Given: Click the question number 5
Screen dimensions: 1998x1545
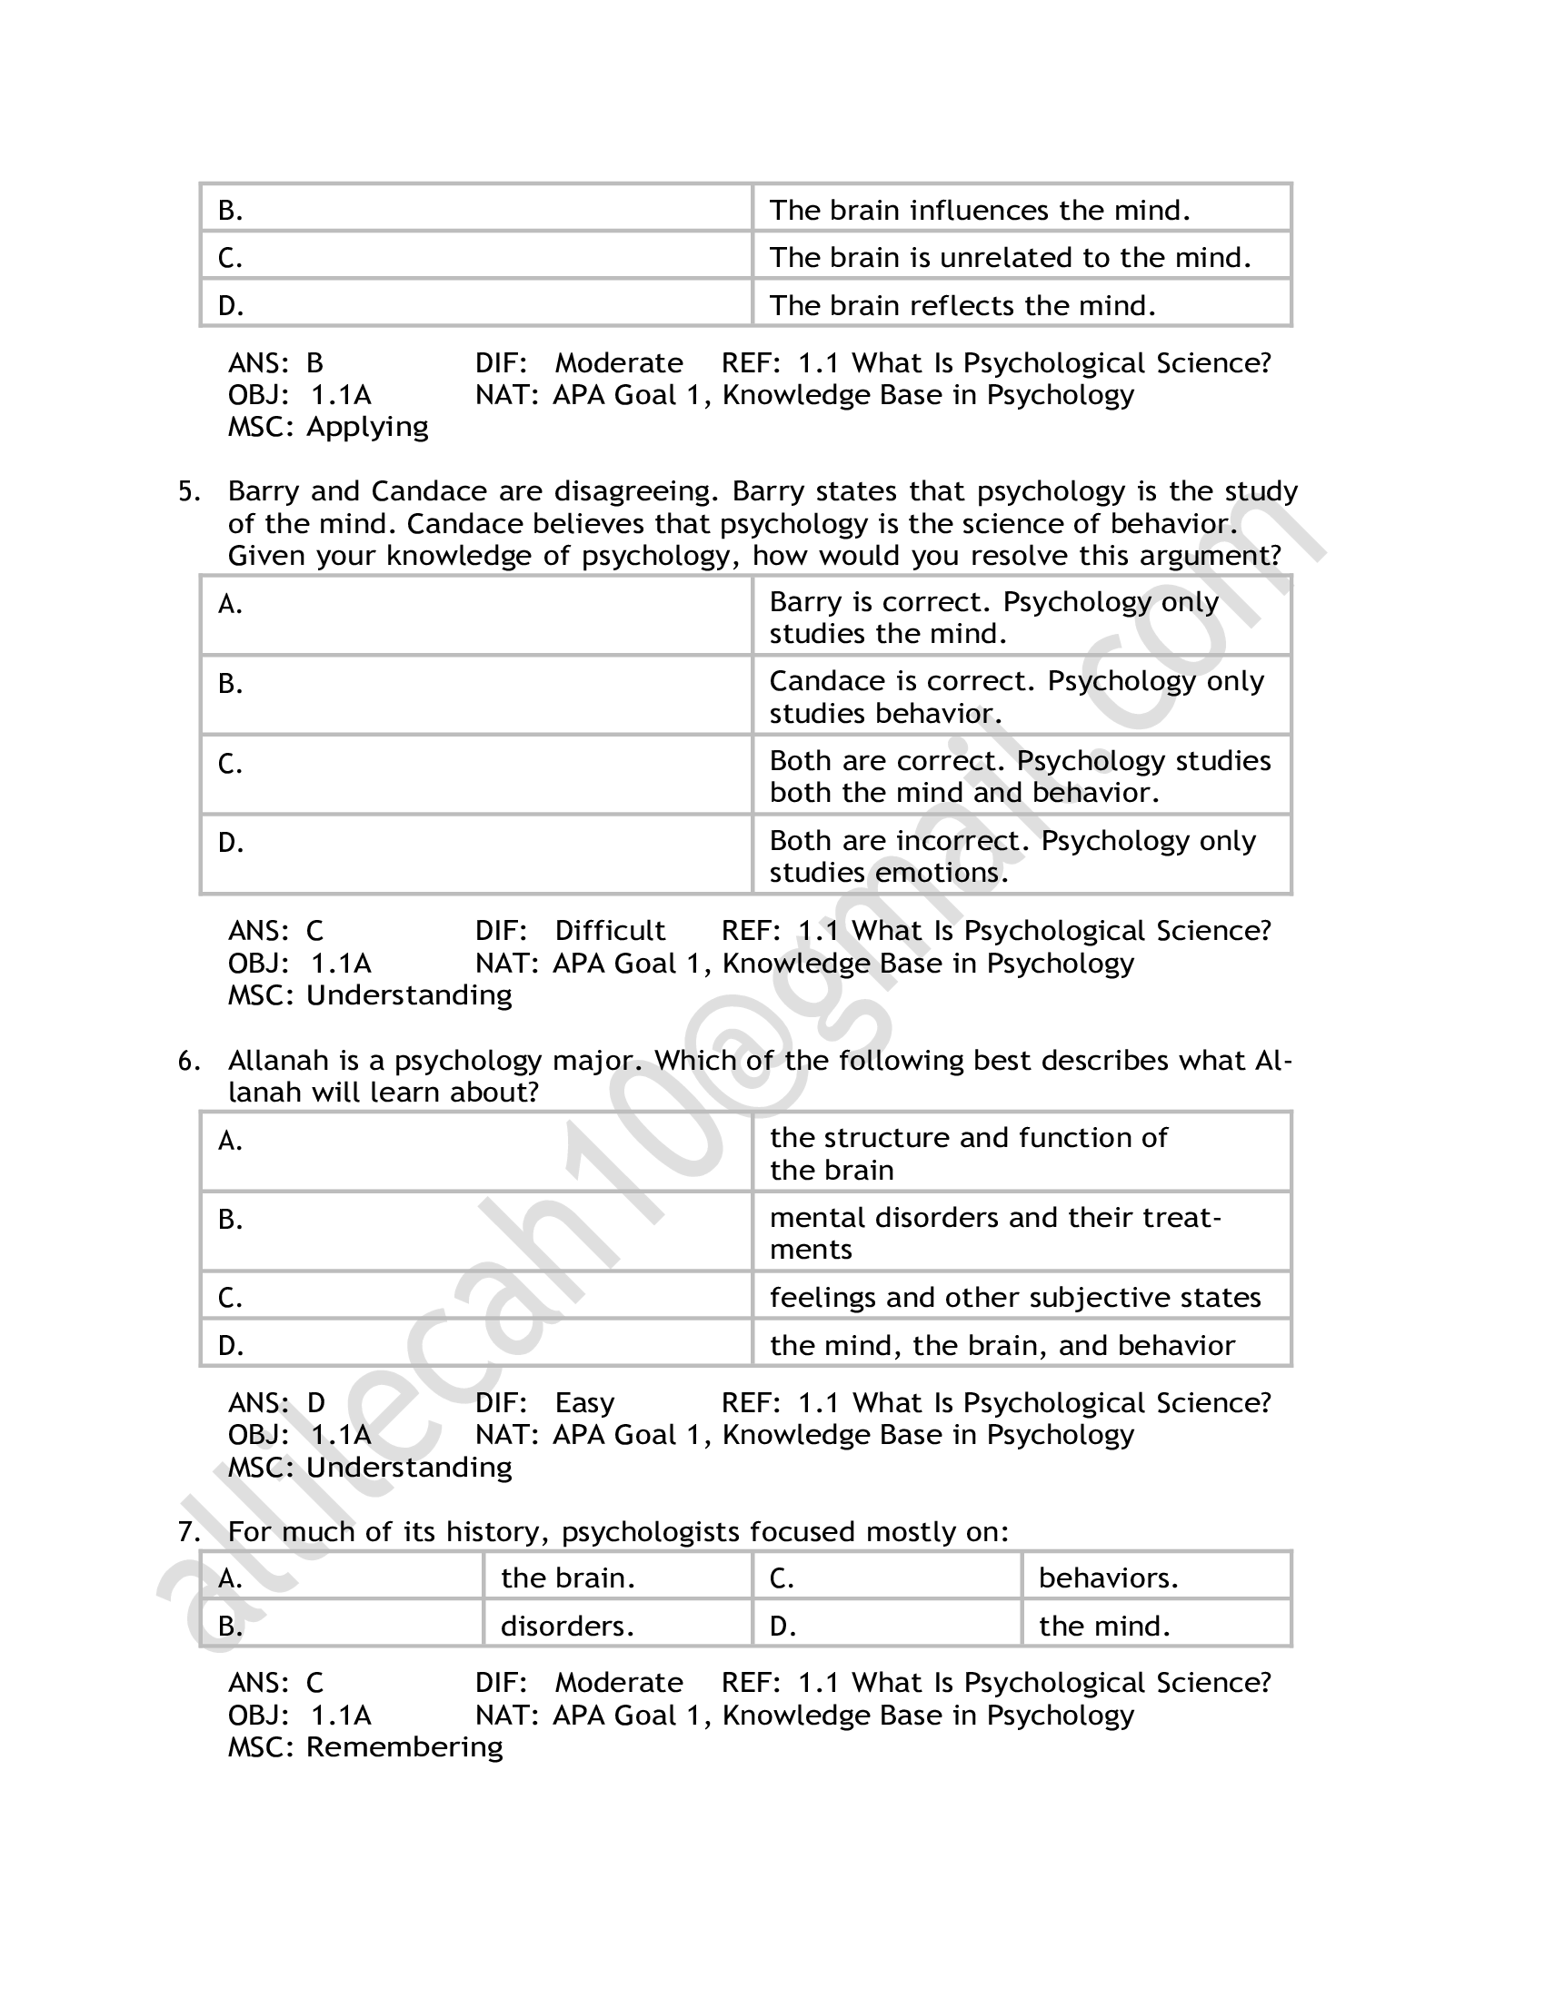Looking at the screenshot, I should [x=187, y=492].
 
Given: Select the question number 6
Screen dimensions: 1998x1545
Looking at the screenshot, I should [x=187, y=1061].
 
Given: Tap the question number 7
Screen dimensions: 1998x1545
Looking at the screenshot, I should [x=187, y=1532].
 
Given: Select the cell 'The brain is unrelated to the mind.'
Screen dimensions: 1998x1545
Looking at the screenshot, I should [x=1010, y=258].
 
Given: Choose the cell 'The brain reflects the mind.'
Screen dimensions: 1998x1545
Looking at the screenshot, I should [x=962, y=305].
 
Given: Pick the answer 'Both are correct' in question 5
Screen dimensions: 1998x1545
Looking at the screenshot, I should [x=1020, y=776].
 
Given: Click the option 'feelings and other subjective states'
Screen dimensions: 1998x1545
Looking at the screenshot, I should [x=1015, y=1298].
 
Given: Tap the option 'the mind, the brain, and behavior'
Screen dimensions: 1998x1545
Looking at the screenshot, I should [x=1002, y=1346].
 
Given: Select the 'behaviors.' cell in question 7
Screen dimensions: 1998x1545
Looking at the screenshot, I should [x=1109, y=1578].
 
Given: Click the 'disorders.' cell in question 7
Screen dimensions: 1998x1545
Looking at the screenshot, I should [x=567, y=1627].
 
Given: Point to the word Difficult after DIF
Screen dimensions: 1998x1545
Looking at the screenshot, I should [x=610, y=931].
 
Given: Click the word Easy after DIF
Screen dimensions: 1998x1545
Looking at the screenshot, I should [x=584, y=1403].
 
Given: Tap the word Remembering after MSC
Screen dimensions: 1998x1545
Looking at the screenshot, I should [x=404, y=1747].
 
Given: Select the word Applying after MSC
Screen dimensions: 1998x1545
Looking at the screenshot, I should [x=367, y=427].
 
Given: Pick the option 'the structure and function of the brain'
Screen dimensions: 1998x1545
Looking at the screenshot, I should [x=969, y=1153].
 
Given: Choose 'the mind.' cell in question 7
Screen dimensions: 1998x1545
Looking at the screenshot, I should [x=1105, y=1627].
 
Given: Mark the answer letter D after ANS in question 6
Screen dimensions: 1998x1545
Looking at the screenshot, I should [x=315, y=1403].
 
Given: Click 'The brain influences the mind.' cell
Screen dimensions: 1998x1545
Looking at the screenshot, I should [x=980, y=211].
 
